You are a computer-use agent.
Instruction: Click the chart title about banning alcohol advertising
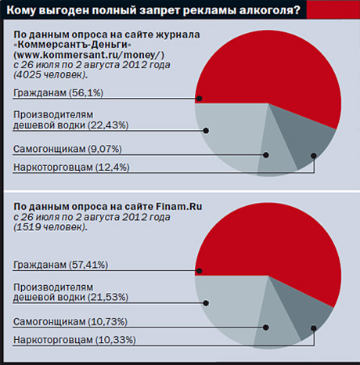tap(153, 10)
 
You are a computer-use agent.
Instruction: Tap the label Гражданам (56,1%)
tap(58, 92)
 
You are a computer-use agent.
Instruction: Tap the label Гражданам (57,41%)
tap(60, 265)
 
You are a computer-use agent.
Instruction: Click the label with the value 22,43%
tap(70, 120)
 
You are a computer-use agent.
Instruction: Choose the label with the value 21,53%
tap(70, 292)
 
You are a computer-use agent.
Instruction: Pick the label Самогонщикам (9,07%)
tap(67, 149)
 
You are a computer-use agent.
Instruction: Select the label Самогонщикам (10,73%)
tap(70, 321)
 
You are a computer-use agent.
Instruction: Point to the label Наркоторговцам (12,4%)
tap(71, 168)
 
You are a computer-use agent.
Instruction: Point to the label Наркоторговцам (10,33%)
tap(74, 340)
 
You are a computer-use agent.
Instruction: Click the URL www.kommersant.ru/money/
tap(89, 55)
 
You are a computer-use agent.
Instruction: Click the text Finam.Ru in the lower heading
tap(179, 207)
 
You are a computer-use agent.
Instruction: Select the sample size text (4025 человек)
tap(51, 75)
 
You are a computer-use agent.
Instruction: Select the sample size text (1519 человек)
tap(51, 227)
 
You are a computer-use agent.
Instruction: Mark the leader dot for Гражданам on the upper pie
tap(200, 99)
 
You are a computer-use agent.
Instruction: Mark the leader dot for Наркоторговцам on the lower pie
tap(314, 328)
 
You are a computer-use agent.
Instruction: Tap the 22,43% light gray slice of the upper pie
tap(229, 131)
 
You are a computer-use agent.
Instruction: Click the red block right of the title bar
tap(333, 9)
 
